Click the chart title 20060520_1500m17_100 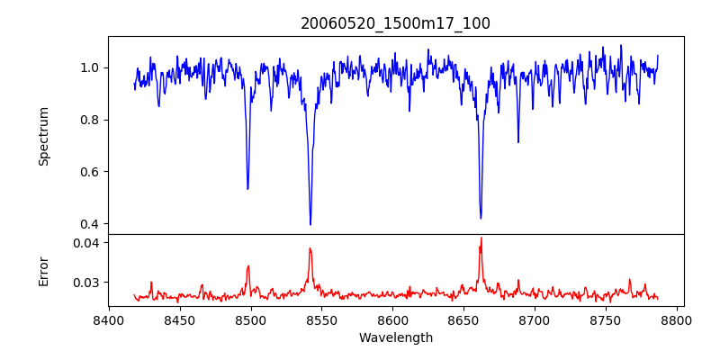coord(395,23)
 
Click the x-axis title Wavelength coord(395,338)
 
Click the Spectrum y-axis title coord(43,136)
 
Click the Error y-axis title coord(43,270)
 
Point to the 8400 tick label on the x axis coord(109,320)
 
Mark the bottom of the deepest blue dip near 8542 coord(310,224)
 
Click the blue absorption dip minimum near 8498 coord(247,188)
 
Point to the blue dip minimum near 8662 coord(481,218)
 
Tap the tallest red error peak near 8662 coord(481,238)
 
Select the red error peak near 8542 coord(310,249)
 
